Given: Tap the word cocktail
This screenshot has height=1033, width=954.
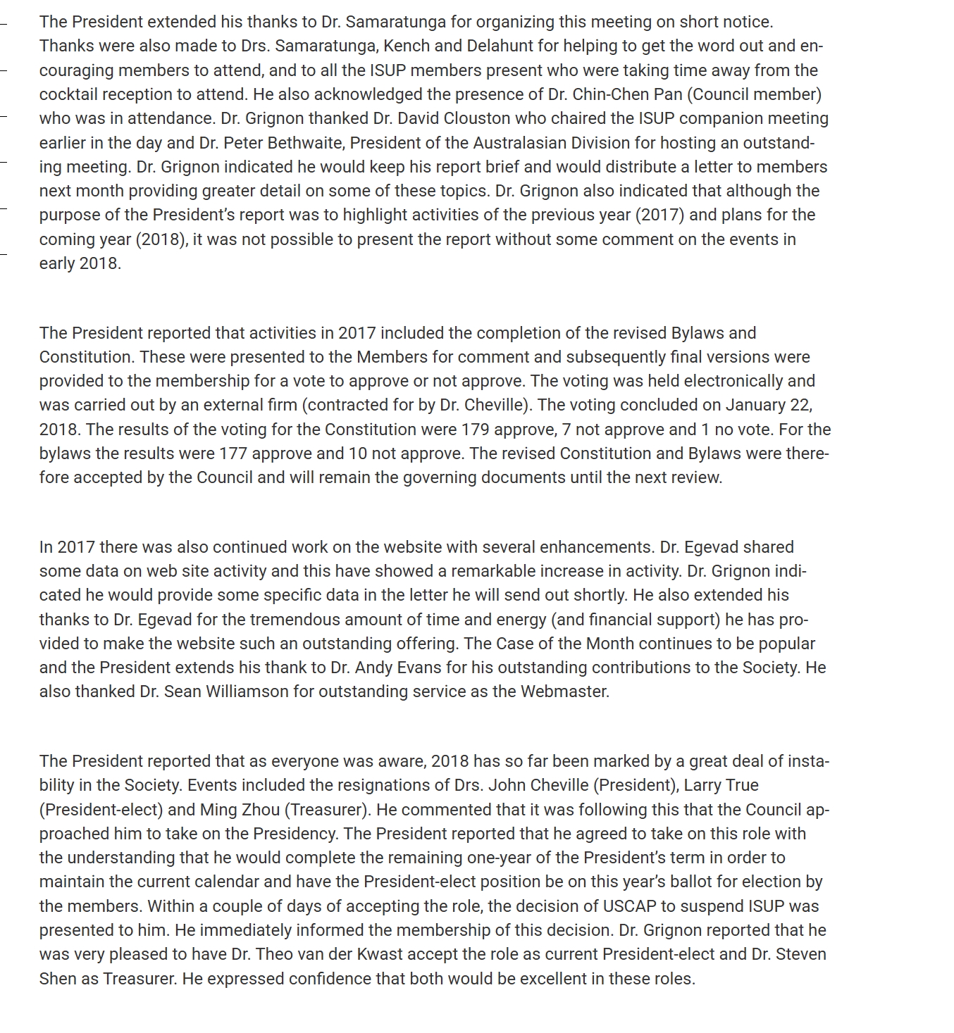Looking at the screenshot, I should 68,94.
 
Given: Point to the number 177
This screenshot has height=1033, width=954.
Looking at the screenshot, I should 233,453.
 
